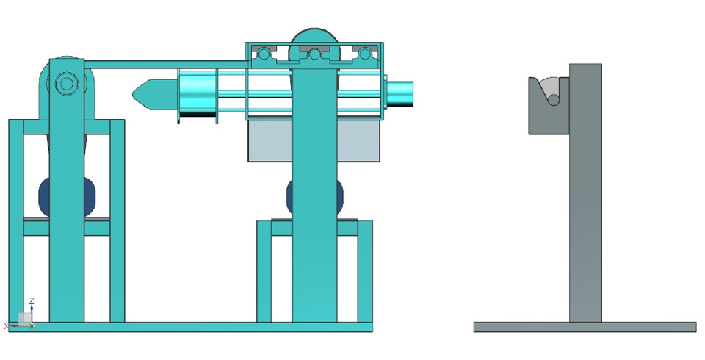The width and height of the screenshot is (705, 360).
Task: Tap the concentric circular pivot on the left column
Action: pyautogui.click(x=67, y=84)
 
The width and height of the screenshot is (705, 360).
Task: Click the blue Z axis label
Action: pyautogui.click(x=32, y=301)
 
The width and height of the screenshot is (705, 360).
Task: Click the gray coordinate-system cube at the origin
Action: pyautogui.click(x=25, y=318)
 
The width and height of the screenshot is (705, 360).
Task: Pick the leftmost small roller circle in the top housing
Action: pyautogui.click(x=263, y=54)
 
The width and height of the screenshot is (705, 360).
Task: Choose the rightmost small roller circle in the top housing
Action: pyautogui.click(x=365, y=54)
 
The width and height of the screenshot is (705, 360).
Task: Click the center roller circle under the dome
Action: pyautogui.click(x=314, y=54)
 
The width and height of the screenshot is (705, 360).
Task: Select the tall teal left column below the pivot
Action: pyautogui.click(x=67, y=220)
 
